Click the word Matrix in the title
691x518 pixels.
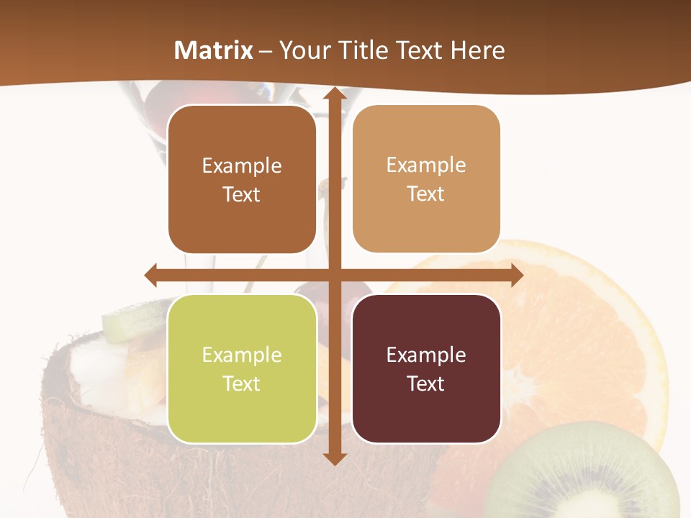213,50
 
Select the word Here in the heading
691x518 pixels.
477,50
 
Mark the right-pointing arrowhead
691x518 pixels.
516,275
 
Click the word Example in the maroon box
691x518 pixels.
426,355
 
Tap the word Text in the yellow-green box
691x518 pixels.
242,383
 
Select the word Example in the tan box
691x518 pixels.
426,165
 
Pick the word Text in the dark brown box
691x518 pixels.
242,194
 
